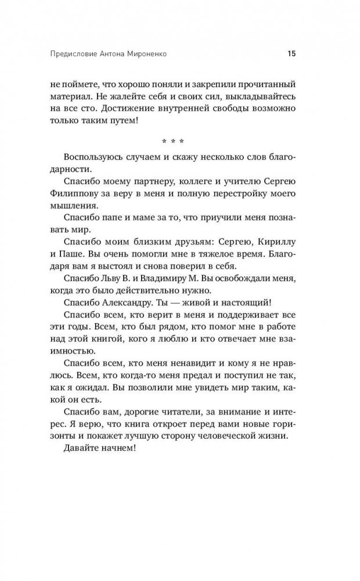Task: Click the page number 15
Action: coord(291,55)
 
